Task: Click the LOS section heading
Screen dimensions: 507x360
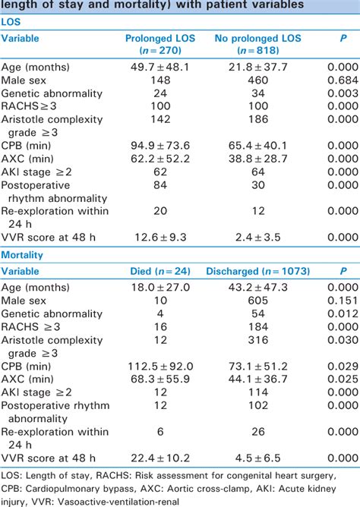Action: pos(11,22)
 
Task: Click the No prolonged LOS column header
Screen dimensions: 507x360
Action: pos(242,44)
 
